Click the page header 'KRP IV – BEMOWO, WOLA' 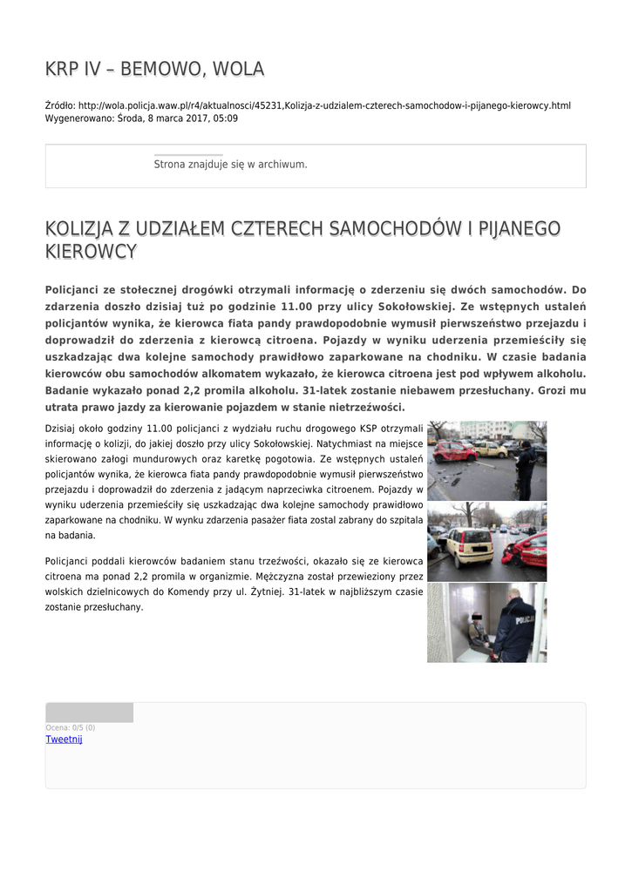pos(154,70)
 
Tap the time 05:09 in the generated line pos(226,118)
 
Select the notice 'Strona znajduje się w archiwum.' pos(230,164)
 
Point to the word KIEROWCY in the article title pos(91,253)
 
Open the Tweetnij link pos(64,740)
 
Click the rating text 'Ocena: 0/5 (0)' pos(70,727)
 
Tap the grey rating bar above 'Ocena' pos(89,713)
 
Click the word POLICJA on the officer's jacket pos(527,620)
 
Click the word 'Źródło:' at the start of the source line pos(60,105)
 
